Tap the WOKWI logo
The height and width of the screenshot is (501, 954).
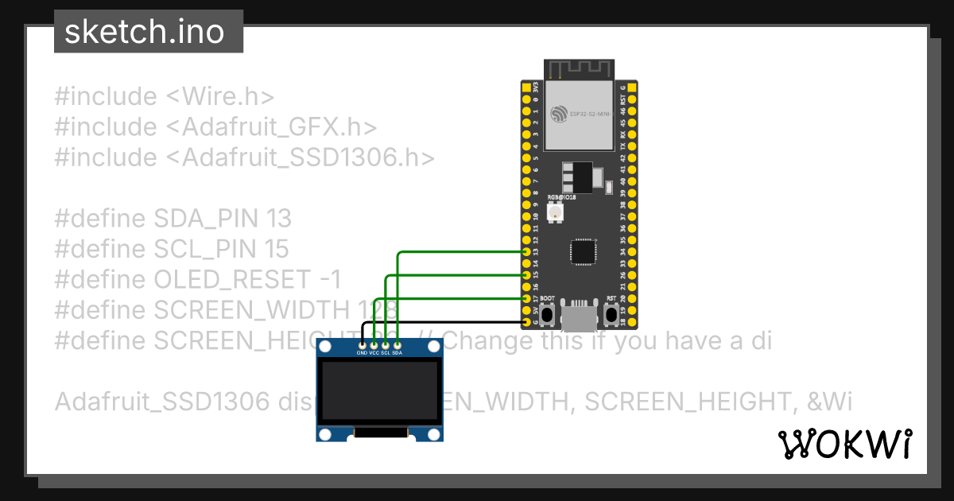(845, 445)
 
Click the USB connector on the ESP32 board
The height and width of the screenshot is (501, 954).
(578, 317)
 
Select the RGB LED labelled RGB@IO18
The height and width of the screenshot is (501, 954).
(555, 212)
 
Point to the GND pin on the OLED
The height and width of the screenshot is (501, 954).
(363, 344)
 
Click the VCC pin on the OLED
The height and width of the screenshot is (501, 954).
(374, 344)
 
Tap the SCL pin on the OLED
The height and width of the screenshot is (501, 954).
(386, 344)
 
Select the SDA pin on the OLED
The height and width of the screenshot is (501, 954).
(397, 344)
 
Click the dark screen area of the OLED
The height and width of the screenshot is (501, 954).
(379, 393)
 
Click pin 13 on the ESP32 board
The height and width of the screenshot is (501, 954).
(526, 251)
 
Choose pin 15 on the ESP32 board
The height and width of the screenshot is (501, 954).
(526, 274)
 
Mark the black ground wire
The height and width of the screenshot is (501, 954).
(445, 321)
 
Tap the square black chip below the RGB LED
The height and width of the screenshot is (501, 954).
(580, 253)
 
